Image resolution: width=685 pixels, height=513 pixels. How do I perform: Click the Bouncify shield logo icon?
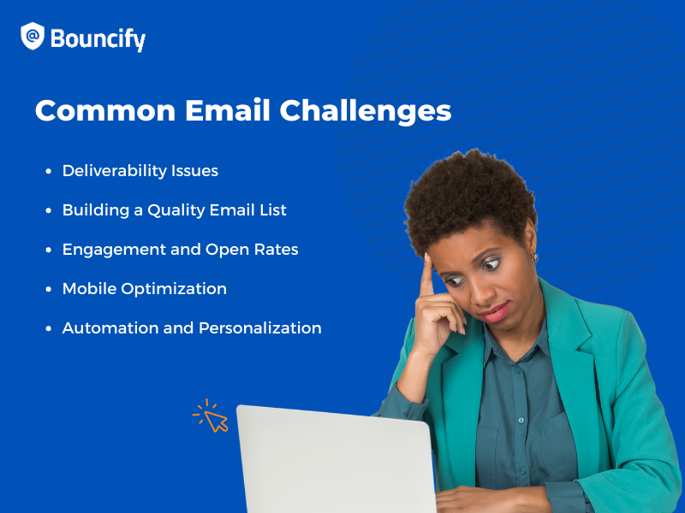pyautogui.click(x=33, y=37)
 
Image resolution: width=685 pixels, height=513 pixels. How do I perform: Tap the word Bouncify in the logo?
pyautogui.click(x=98, y=39)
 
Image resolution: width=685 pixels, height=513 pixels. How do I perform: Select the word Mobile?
pyautogui.click(x=89, y=289)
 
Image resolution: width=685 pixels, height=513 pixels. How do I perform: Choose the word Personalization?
pyautogui.click(x=260, y=328)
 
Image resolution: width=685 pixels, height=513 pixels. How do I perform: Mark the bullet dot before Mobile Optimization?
pyautogui.click(x=49, y=290)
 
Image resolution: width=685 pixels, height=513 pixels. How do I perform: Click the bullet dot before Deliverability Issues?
pyautogui.click(x=49, y=172)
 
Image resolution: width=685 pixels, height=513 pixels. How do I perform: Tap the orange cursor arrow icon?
pyautogui.click(x=214, y=419)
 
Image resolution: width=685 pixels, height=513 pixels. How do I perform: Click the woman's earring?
pyautogui.click(x=535, y=256)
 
